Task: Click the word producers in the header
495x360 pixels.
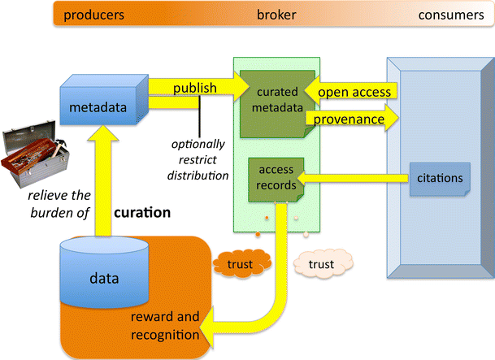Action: coord(94,15)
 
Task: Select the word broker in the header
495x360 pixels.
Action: coord(276,15)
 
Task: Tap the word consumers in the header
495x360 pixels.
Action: coord(454,15)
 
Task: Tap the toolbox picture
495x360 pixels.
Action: coord(33,155)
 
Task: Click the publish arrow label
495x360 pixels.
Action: coord(194,86)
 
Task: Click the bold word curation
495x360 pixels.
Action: coord(141,214)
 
